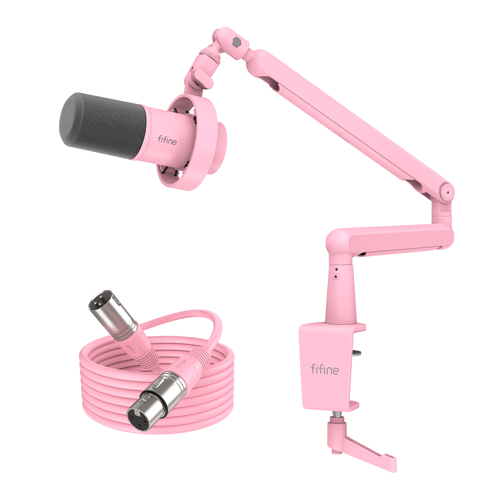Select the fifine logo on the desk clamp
[325, 370]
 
